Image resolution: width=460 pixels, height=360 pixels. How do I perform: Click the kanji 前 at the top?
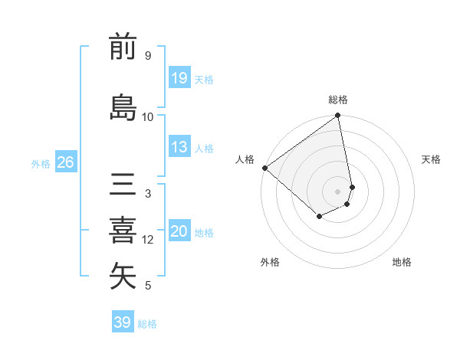click(123, 47)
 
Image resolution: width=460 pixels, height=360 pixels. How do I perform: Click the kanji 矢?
click(123, 276)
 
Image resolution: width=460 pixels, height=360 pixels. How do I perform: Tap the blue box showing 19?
click(179, 77)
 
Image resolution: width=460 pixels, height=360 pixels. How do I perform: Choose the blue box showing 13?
click(179, 147)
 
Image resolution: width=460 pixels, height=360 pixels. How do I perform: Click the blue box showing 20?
click(179, 231)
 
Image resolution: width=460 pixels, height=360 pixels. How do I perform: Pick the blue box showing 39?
click(123, 322)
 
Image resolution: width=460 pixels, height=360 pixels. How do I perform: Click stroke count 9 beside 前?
click(148, 56)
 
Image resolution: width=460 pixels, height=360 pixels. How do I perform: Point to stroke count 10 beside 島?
click(148, 116)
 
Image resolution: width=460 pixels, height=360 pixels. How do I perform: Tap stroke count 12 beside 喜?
click(148, 240)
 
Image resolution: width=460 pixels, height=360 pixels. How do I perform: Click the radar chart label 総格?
click(338, 100)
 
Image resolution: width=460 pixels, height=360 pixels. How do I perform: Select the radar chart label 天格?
click(432, 159)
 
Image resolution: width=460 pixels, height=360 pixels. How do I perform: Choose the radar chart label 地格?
click(402, 262)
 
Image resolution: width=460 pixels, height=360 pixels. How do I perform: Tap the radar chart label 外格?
click(270, 262)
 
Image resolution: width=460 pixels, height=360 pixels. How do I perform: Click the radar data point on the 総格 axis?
click(338, 116)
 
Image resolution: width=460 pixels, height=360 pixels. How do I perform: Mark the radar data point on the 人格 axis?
click(264, 168)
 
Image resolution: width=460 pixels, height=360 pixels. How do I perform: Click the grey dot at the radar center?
click(338, 191)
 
